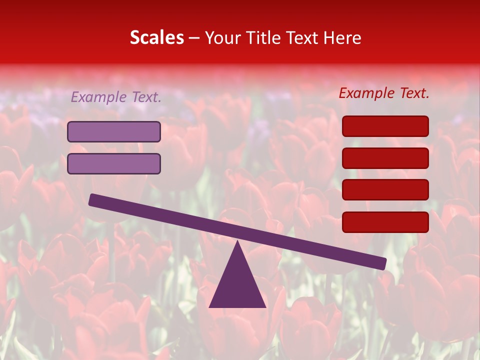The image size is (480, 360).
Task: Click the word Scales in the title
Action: tap(156, 38)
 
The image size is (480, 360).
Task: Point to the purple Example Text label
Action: tap(116, 97)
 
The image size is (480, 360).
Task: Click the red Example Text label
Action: tap(384, 93)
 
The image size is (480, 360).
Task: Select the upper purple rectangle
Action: tap(114, 132)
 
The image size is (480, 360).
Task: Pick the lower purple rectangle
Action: tap(114, 163)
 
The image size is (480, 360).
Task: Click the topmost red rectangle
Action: tap(385, 126)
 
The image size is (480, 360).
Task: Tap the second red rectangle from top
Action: tap(385, 158)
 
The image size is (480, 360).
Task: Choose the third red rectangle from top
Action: tap(385, 190)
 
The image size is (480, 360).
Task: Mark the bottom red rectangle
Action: tap(385, 222)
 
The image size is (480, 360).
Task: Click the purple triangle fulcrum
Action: tap(237, 285)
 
